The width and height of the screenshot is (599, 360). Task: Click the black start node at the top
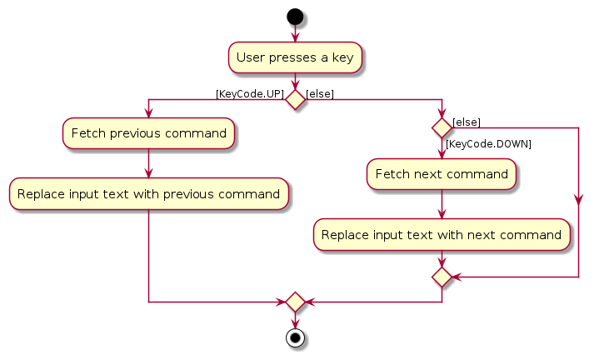pos(295,17)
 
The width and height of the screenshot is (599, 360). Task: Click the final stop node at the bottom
pos(295,338)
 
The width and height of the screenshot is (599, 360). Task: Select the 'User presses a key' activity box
pos(295,57)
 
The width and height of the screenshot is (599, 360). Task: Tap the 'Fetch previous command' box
pos(148,133)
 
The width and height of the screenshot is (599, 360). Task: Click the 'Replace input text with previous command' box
pos(148,194)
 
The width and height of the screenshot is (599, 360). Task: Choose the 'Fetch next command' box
pos(442,174)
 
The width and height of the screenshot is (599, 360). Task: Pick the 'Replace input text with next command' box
pos(442,234)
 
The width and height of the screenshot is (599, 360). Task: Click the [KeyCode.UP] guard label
pos(249,93)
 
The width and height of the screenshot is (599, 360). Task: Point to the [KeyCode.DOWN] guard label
pos(488,144)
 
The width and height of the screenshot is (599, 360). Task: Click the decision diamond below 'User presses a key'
pos(295,99)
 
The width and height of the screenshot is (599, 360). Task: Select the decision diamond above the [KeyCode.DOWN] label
pos(442,127)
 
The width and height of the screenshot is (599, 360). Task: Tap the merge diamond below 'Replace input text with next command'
pos(442,275)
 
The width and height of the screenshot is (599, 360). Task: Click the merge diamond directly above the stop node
pos(295,301)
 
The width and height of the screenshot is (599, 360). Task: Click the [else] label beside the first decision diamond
pos(321,93)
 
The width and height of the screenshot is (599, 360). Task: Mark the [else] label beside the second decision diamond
pos(466,122)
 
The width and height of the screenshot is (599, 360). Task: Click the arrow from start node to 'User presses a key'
pos(295,33)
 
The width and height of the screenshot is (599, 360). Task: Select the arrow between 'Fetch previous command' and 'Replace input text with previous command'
pos(148,163)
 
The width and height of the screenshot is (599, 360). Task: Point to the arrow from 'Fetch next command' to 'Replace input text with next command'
pos(442,203)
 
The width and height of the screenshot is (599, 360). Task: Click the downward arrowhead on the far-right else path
pos(578,201)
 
